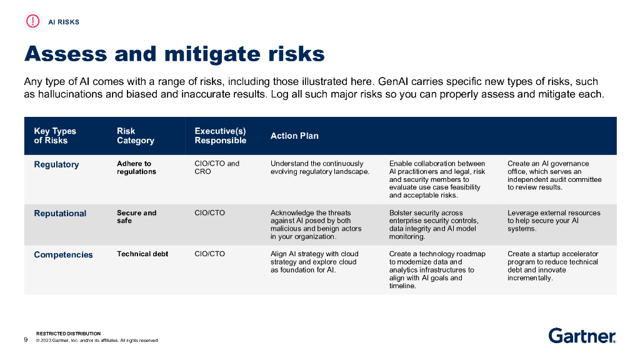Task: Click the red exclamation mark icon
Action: click(32, 21)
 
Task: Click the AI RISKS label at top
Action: click(64, 22)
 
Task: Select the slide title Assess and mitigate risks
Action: click(174, 54)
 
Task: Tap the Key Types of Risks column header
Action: click(55, 136)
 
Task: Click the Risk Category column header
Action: click(135, 136)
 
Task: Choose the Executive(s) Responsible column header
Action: click(220, 136)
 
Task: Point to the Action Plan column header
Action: click(294, 136)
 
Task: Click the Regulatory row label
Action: click(56, 164)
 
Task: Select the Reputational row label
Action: click(60, 213)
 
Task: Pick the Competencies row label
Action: click(63, 254)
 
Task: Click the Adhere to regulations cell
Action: click(136, 167)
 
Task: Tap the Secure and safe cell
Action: click(136, 217)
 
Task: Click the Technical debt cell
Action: click(142, 254)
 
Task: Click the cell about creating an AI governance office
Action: click(554, 175)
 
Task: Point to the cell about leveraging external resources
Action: click(553, 221)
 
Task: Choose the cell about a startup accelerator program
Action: click(552, 266)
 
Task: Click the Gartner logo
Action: click(582, 336)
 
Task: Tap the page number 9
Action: click(26, 340)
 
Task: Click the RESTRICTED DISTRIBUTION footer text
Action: click(68, 334)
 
